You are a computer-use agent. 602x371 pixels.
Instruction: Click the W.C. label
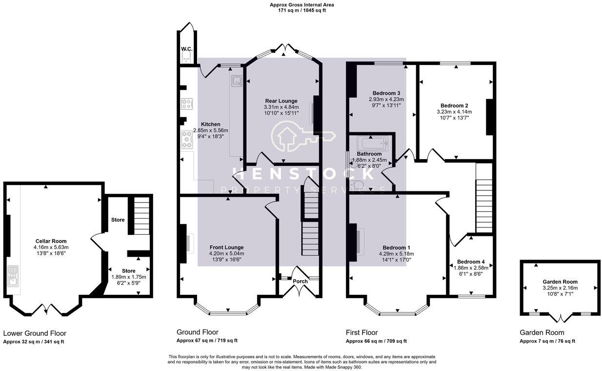point(186,49)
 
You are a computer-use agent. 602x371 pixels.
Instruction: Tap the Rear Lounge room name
point(281,101)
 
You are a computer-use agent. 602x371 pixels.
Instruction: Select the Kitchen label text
point(210,124)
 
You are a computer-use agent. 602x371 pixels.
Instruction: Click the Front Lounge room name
point(226,247)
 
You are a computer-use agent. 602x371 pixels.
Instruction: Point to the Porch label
point(300,281)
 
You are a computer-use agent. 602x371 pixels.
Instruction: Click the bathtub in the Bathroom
point(372,144)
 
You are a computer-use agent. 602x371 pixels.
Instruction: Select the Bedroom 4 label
point(470,262)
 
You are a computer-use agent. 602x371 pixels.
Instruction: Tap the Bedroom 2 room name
point(454,105)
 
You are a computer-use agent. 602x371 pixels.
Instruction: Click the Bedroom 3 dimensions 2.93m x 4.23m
point(386,99)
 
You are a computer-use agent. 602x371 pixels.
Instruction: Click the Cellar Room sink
point(13,275)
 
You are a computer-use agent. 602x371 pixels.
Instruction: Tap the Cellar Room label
point(51,241)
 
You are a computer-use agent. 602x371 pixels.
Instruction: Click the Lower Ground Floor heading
point(35,333)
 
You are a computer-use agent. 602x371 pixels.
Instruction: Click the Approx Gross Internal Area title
point(301,5)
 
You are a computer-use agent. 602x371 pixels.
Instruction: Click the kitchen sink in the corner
point(236,81)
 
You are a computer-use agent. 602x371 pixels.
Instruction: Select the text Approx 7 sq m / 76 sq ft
point(547,341)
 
